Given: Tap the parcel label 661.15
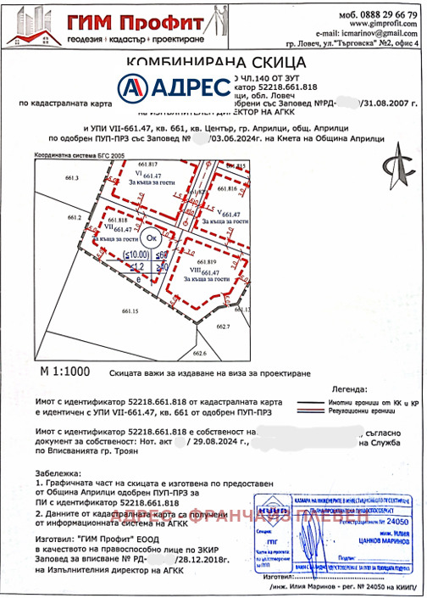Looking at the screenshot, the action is pyautogui.click(x=130, y=311).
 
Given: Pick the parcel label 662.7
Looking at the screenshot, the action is pyautogui.click(x=223, y=326).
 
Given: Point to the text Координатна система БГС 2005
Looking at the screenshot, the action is pyautogui.click(x=78, y=156).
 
